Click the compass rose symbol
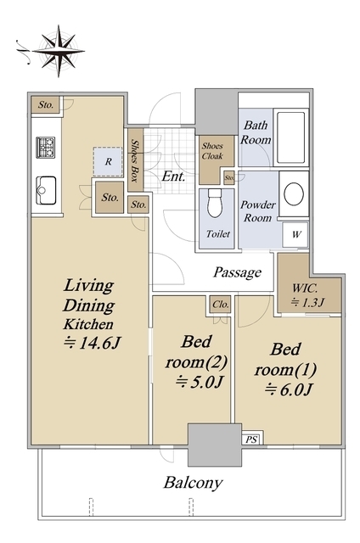tap(59, 51)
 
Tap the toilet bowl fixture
tap(216, 203)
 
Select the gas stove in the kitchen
tap(46, 147)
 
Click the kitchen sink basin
tap(46, 190)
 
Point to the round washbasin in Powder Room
tap(294, 193)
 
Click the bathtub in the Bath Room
tap(290, 137)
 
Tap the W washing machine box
tap(295, 234)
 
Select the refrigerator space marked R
tap(108, 162)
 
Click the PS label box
tap(251, 439)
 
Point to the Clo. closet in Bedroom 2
tap(220, 305)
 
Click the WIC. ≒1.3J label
tap(307, 294)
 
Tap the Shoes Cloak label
tap(213, 151)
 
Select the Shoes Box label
tap(135, 160)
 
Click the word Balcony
tap(193, 483)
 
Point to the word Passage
tap(237, 272)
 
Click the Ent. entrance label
tap(173, 176)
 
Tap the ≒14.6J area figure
tap(92, 343)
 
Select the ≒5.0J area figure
tap(199, 382)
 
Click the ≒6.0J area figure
tap(289, 390)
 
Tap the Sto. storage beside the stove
tap(45, 104)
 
